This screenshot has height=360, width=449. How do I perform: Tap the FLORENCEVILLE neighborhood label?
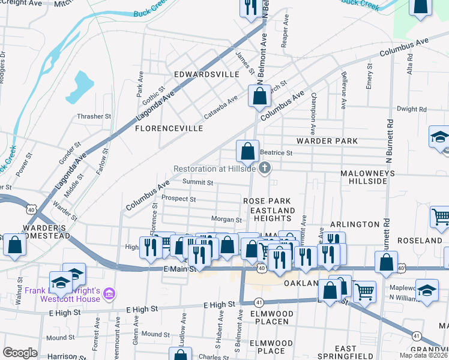point(169,128)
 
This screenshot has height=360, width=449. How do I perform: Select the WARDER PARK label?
point(327,141)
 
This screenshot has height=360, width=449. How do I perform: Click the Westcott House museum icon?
point(109,293)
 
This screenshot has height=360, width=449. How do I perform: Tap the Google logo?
point(20,353)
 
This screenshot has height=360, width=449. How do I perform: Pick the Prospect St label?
point(179,199)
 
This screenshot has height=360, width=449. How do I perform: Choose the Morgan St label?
point(226,220)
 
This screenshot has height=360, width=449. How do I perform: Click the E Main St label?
point(180,269)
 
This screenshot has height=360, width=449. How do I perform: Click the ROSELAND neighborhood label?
point(415,240)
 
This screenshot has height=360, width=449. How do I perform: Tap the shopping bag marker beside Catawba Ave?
point(259,96)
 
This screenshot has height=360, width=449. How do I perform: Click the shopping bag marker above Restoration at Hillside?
point(247,151)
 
